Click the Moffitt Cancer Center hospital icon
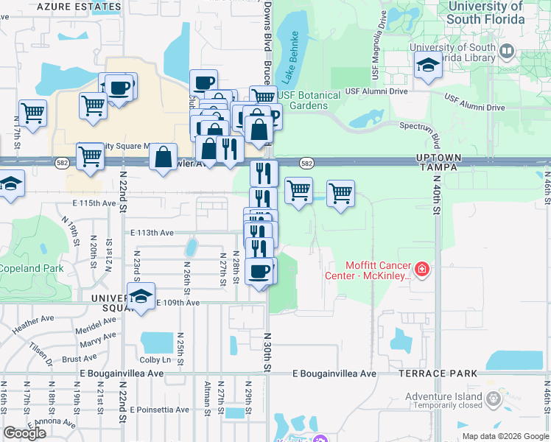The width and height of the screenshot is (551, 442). point(421,270)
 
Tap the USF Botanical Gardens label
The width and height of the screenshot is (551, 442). point(309,100)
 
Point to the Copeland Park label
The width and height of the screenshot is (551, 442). point(31,268)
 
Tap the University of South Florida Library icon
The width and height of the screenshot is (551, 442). point(506,52)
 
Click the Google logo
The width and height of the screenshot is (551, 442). point(25,433)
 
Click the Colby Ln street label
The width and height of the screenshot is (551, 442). point(155,360)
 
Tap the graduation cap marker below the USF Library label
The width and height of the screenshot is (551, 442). point(428,66)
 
